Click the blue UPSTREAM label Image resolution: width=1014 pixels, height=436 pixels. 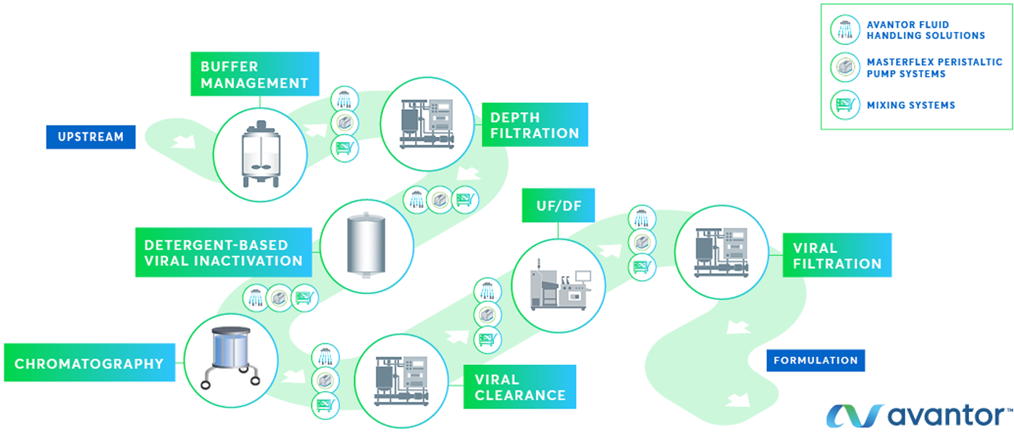pos(91,136)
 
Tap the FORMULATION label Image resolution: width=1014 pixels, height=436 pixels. pos(815,360)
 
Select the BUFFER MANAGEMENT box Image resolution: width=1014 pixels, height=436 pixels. pos(254,75)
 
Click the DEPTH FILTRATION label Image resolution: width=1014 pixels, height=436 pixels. pos(535,125)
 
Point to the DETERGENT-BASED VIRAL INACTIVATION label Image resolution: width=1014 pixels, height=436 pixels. pos(223,253)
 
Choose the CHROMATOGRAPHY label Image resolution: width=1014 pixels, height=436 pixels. pos(89,363)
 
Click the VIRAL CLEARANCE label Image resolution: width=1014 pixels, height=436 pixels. pos(519,387)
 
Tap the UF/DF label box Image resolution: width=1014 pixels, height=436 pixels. pos(558,206)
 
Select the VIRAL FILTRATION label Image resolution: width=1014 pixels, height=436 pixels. pos(837,256)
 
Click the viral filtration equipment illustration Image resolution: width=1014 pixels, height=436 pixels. pos(721,252)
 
